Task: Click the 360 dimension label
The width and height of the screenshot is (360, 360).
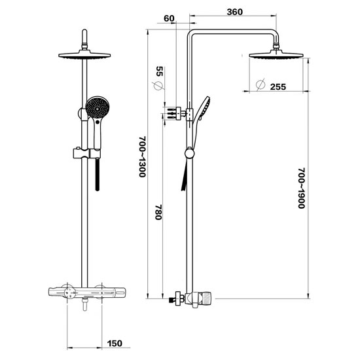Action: [234, 12]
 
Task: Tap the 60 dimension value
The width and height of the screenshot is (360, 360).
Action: [170, 18]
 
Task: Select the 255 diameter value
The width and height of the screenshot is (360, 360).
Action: [278, 87]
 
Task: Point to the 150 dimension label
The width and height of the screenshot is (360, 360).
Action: [115, 344]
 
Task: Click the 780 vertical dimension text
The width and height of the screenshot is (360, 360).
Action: [158, 212]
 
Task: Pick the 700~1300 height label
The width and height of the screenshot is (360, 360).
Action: [142, 157]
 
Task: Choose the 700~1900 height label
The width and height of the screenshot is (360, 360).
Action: [302, 189]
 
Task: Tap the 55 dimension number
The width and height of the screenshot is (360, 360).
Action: [159, 71]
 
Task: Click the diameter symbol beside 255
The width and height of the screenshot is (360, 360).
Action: [261, 84]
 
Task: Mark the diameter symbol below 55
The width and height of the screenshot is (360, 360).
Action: [158, 86]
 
